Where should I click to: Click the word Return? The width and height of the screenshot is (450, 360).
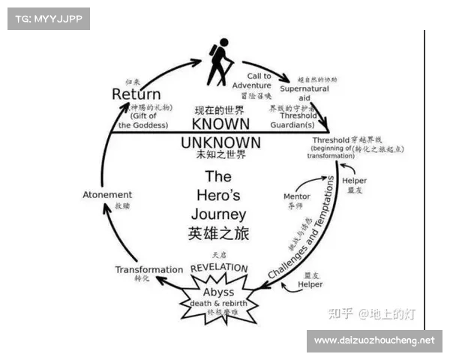136,94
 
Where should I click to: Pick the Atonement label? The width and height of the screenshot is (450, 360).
107,195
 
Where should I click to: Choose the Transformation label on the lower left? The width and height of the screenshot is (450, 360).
148,269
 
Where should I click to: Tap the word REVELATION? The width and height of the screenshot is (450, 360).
219,267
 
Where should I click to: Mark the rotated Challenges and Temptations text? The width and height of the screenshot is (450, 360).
302,228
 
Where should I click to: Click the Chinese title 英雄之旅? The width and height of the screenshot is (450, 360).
218,233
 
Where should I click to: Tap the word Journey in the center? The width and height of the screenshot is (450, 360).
218,213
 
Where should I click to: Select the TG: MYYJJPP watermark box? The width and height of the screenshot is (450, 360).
48,18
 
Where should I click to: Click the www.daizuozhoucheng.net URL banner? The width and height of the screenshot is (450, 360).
374,340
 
